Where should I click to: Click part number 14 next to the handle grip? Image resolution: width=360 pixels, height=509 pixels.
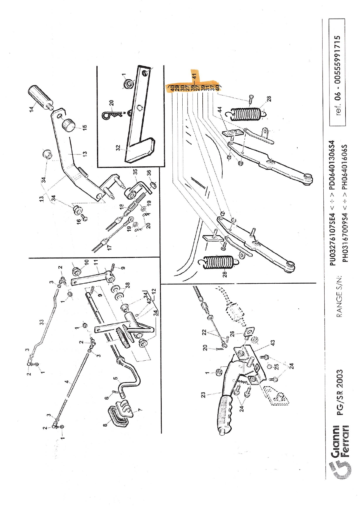32,108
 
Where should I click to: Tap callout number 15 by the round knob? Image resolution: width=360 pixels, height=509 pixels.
84,127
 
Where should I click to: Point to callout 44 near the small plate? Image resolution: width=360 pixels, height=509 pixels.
220,109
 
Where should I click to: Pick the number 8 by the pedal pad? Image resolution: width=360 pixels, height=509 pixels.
105,425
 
